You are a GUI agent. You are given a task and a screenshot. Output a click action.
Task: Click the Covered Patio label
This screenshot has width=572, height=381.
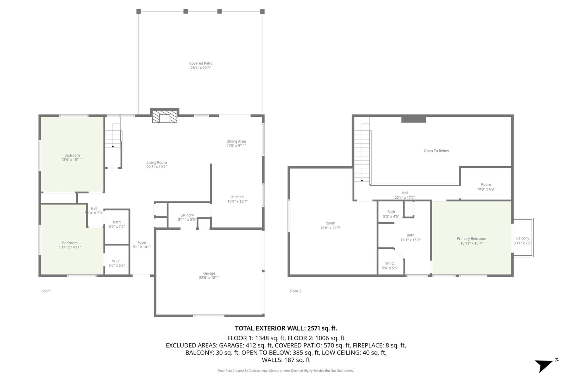[x=201, y=63]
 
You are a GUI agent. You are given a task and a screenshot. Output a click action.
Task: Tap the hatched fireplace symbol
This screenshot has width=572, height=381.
[x=165, y=116]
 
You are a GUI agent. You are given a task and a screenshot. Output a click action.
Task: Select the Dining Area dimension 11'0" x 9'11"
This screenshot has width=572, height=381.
[x=236, y=146]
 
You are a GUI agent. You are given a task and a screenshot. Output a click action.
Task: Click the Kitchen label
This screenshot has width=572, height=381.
[x=237, y=197]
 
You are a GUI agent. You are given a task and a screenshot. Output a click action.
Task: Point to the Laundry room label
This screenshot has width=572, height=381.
[x=187, y=215]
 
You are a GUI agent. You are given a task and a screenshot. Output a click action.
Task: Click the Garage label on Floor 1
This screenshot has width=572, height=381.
[x=209, y=273]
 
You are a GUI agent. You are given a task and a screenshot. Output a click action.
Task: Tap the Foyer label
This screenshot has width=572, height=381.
[x=142, y=243]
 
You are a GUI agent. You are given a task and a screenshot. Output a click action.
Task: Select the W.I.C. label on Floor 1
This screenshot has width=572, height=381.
[x=116, y=261]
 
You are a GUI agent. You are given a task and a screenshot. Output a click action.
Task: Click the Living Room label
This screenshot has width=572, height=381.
[x=156, y=162]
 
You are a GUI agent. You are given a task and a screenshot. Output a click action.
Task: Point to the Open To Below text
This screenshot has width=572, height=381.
[x=436, y=151]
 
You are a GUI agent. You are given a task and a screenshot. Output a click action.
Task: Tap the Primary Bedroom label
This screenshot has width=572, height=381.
[x=471, y=239]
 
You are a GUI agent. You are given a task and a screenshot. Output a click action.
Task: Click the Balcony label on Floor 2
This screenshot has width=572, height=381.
[x=522, y=238]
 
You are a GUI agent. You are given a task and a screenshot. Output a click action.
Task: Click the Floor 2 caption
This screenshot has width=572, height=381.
[x=295, y=291]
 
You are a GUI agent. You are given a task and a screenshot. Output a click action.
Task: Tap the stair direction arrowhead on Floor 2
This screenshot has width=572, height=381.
[x=362, y=181]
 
